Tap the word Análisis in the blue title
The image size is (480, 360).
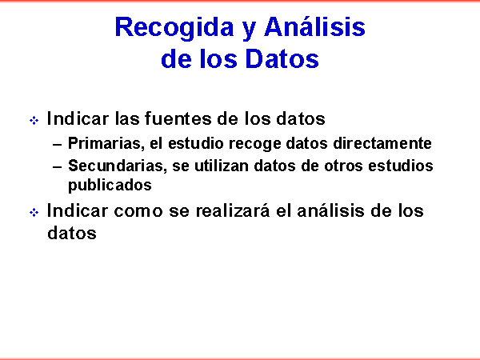[x=314, y=26]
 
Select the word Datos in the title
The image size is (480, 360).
[x=282, y=58]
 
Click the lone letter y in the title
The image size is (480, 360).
[x=249, y=31]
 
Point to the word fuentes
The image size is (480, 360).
[x=178, y=118]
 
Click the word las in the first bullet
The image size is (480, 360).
[x=127, y=118]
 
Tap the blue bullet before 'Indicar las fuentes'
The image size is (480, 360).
[x=34, y=120]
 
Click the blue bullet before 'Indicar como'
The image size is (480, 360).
[x=34, y=212]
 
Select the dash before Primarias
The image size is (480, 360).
[x=58, y=145]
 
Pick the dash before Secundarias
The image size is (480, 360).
[x=58, y=167]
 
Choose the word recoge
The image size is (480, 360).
[x=254, y=144]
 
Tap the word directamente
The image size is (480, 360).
[x=382, y=143]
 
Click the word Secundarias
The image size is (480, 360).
[x=118, y=166]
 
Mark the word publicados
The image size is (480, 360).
[x=110, y=186]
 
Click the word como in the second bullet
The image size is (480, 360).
[x=138, y=211]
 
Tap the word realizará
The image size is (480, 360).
[x=233, y=210]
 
